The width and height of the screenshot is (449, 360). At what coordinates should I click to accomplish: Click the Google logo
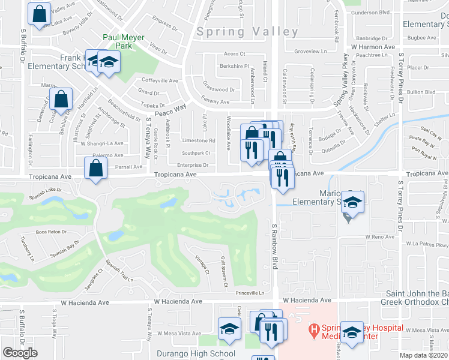[20, 353]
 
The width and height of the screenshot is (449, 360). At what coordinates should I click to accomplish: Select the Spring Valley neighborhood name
[247, 32]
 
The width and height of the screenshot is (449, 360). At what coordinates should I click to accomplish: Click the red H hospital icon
[313, 329]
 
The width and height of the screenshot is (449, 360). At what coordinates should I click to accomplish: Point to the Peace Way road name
[170, 112]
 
